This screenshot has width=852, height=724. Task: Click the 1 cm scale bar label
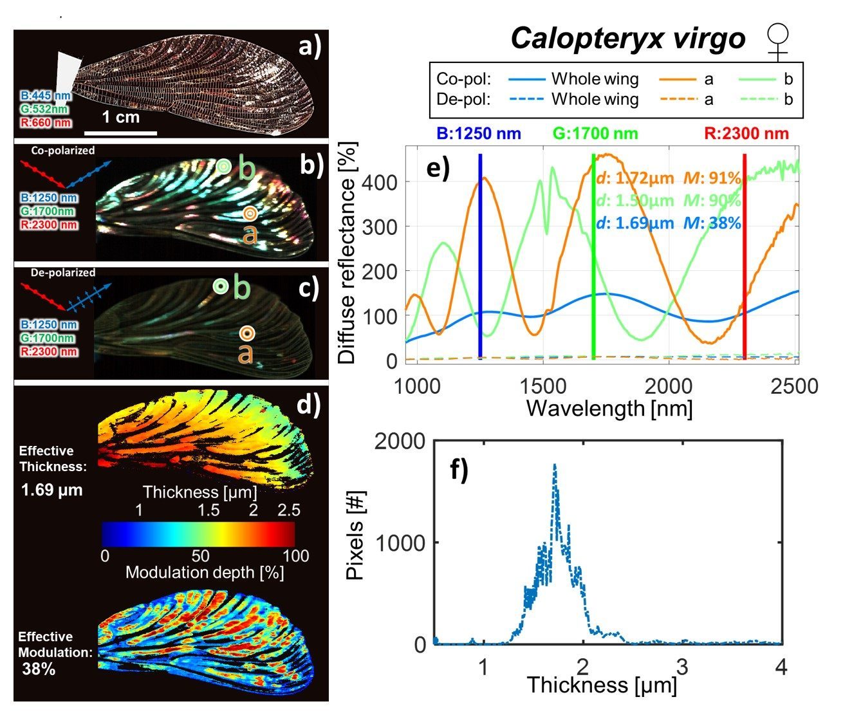(120, 117)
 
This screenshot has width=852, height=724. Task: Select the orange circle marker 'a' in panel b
(250, 213)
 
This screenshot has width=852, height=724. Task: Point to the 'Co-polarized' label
(62, 151)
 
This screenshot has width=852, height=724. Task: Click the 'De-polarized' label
(62, 272)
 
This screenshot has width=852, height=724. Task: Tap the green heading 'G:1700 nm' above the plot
(595, 134)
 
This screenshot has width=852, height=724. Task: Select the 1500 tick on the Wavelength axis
(543, 386)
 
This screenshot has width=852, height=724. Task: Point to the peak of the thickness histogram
(554, 465)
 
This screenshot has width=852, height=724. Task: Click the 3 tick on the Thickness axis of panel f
(682, 667)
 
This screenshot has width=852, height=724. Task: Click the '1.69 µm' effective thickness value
(51, 490)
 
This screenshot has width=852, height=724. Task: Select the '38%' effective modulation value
(39, 669)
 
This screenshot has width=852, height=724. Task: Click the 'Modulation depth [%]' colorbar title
(205, 573)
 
